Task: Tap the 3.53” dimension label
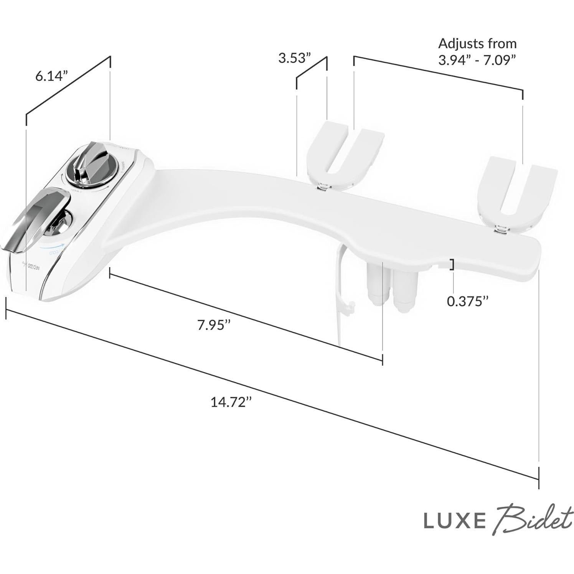pos(294,58)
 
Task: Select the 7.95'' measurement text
pos(214,325)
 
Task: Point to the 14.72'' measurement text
pos(231,402)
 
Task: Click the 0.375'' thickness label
pos(468,301)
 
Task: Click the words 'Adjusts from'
pos(477,44)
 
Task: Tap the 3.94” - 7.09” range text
pos(477,61)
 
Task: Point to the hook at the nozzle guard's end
pos(350,307)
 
